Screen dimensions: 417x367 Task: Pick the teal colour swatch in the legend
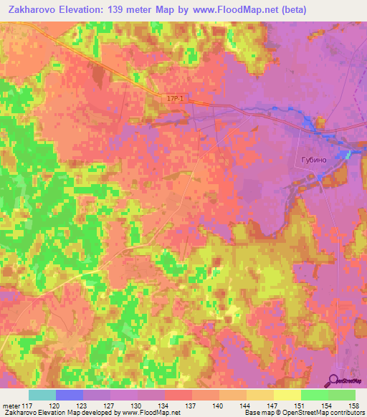click(x=42, y=395)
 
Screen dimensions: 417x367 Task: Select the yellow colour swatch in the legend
click(x=287, y=395)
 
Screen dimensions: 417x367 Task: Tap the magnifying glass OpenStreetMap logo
click(x=335, y=380)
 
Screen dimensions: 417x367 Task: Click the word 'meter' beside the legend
click(x=12, y=404)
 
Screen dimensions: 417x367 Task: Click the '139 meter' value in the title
click(x=130, y=9)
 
